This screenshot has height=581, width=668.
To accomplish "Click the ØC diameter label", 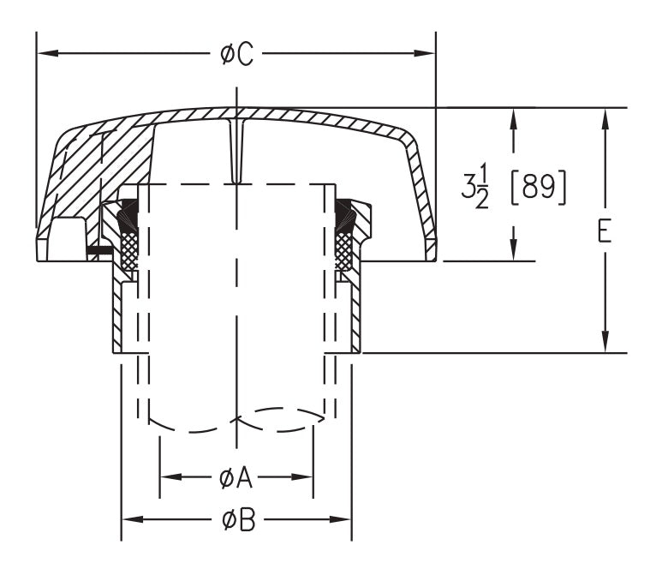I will [236, 54].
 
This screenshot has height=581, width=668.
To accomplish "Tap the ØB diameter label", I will [237, 519].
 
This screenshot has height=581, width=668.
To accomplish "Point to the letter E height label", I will [605, 232].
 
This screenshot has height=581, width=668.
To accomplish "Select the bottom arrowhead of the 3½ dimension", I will [513, 250].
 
